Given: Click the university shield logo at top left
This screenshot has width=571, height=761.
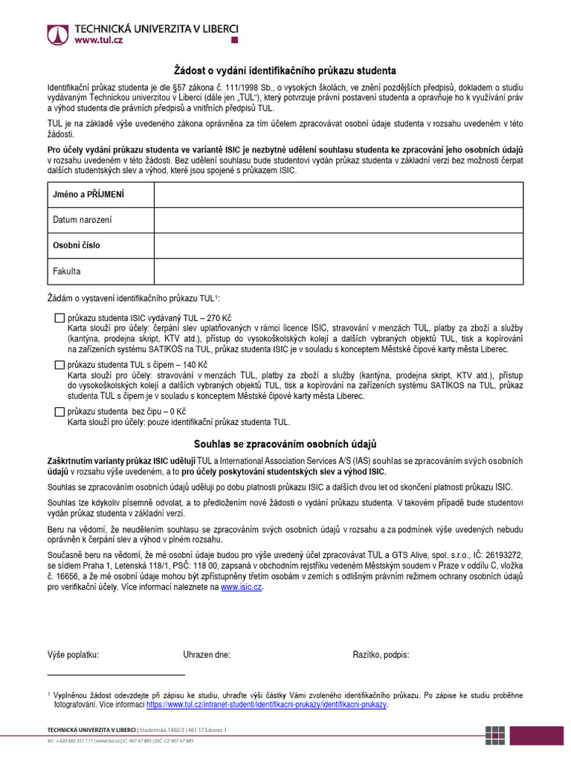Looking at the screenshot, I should (57, 34).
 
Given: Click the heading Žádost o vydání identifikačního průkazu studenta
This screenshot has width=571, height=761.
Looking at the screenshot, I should (285, 71).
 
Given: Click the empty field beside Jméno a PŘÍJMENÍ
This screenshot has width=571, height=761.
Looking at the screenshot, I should (338, 195).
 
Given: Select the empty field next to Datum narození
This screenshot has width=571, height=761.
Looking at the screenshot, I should (338, 220).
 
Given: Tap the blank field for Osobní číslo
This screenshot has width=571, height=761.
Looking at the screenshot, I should (338, 245).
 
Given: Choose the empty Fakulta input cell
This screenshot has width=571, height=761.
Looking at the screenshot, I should (338, 271).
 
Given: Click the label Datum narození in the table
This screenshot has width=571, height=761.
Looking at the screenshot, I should (83, 220).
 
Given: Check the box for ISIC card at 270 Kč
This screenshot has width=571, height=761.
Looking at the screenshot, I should (59, 318).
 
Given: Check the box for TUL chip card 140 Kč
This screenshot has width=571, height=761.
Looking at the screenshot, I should (59, 365).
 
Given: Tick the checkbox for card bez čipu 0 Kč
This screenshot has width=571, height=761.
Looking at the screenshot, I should (59, 412).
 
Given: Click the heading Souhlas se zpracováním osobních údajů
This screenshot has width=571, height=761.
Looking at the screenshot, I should (285, 444).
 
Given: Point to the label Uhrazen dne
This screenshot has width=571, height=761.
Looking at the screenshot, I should (207, 655).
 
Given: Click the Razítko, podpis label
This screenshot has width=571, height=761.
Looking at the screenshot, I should (381, 655).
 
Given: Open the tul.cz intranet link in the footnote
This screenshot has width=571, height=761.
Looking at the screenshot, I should (266, 705).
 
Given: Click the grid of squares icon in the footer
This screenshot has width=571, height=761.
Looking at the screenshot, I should (494, 734).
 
